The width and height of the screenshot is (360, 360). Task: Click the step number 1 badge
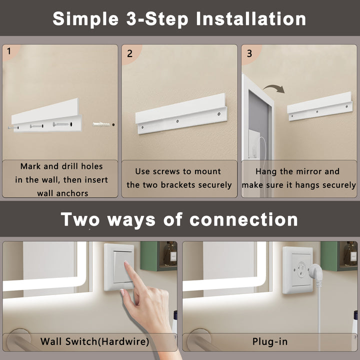click(8, 51)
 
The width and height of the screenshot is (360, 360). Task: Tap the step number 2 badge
click(129, 52)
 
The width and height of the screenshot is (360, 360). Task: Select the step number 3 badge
click(249, 52)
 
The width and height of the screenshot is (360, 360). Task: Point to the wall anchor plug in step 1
click(101, 123)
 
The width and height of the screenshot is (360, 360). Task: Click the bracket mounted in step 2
click(181, 115)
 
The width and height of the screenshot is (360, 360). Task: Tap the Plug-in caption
click(269, 342)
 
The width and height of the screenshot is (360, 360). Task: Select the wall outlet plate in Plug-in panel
click(297, 270)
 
